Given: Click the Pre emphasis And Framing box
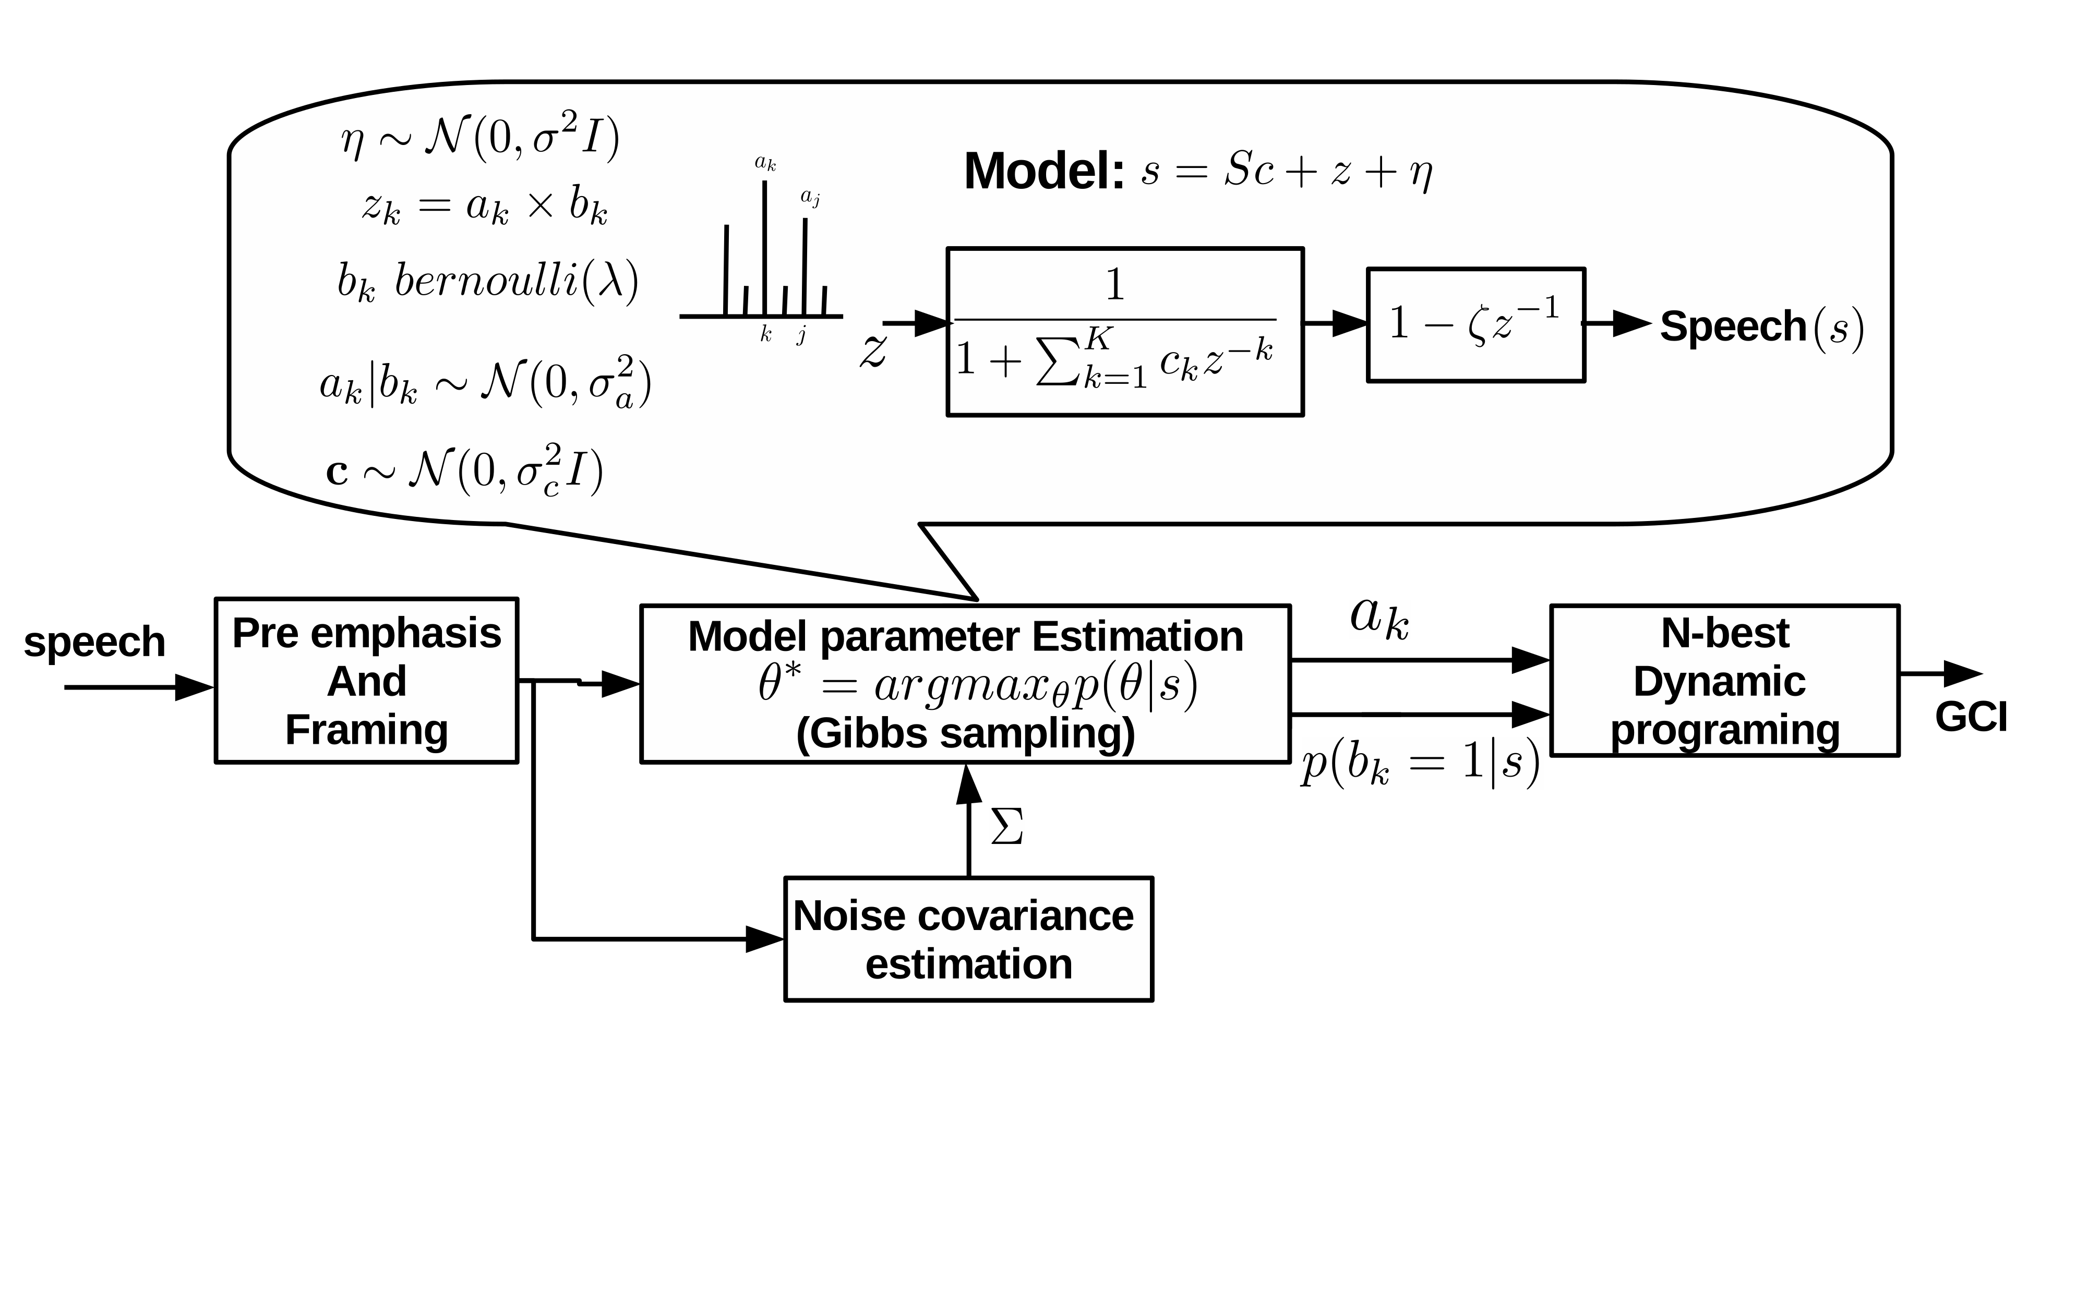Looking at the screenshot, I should point(366,681).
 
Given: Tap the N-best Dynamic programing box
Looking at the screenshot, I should point(1724,681).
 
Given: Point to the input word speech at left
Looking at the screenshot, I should point(94,642).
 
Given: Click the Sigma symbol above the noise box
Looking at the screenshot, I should point(1007,827).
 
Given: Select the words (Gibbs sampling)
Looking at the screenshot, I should point(965,734).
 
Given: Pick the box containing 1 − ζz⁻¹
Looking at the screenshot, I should point(1475,325).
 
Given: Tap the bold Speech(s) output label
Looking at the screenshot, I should point(1760,327).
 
